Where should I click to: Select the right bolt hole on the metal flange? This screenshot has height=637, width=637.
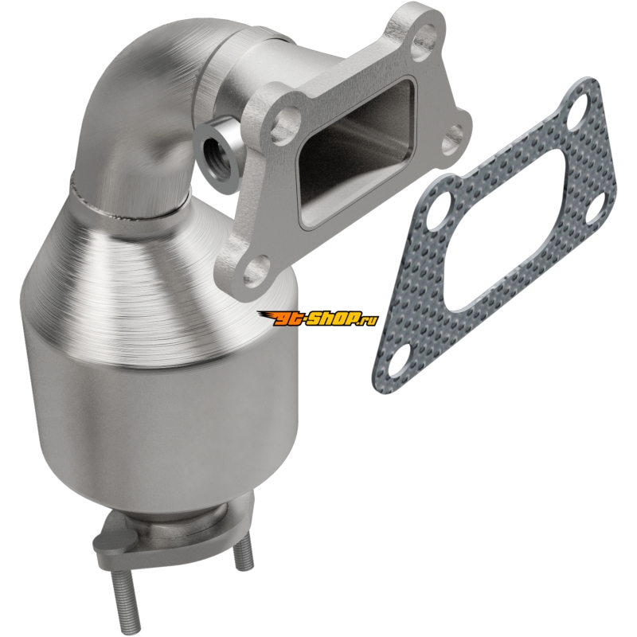pyautogui.click(x=452, y=135)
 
